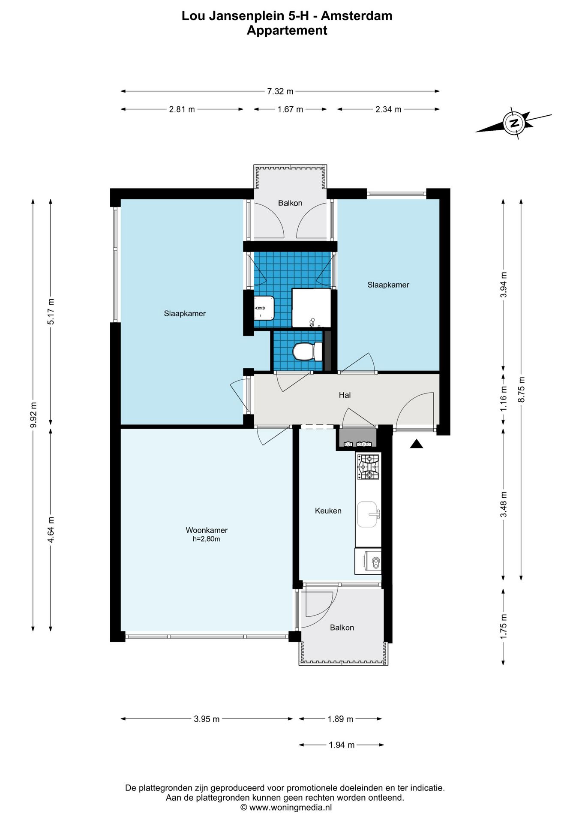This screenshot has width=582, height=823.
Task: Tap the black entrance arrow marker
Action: pos(417,444)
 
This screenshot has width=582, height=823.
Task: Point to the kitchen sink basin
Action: pos(367,514)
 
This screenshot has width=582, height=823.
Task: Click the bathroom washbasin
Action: pos(264,308)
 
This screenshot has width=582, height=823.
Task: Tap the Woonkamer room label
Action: pos(207,530)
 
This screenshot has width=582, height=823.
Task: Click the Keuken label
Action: pos(328,511)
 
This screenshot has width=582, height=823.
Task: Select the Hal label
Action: pos(345,395)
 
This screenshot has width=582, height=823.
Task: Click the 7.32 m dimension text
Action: pos(280,91)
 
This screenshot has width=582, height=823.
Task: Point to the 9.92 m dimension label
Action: pos(34,415)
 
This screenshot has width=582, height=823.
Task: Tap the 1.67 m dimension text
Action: pos(290,109)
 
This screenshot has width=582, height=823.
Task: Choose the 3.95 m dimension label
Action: pos(207,719)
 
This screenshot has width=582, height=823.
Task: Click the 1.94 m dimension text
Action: pos(342,745)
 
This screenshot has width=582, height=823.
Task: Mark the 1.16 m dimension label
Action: pos(504,399)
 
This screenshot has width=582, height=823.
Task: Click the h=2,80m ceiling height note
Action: pos(206,539)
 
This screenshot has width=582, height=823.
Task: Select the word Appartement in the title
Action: pos(287,30)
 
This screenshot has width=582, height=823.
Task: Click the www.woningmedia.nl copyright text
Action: pos(286,808)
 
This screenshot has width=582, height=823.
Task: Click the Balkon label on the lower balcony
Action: pos(342,628)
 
